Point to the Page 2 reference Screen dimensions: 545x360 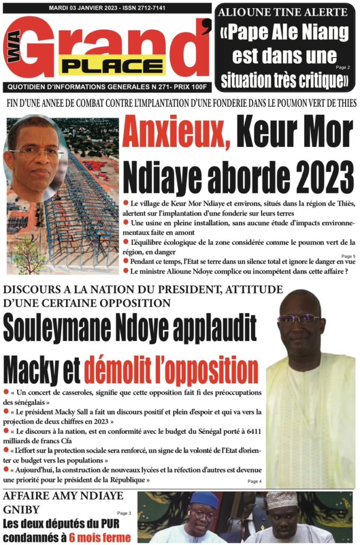click(x=342, y=68)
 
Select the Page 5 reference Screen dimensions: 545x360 click(x=348, y=256)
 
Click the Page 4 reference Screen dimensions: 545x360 click(x=255, y=481)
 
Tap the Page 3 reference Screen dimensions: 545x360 click(x=123, y=513)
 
